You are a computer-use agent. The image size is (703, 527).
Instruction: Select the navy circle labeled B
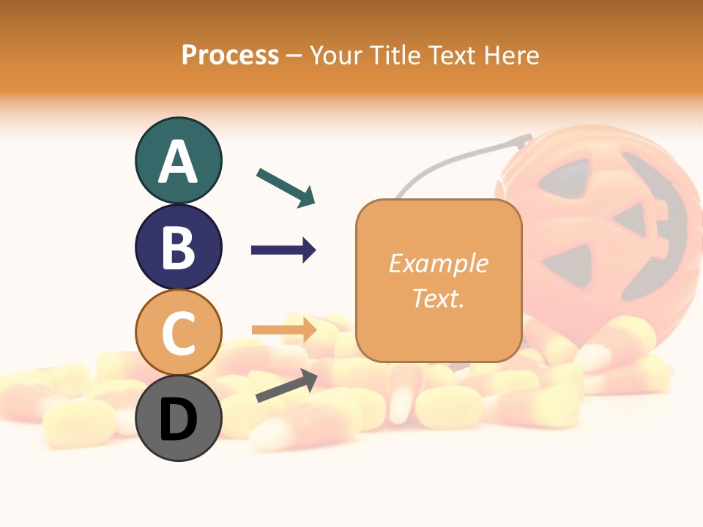click(178, 247)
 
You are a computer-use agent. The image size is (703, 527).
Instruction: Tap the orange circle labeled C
click(178, 332)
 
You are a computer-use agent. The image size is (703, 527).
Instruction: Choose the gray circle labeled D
click(178, 418)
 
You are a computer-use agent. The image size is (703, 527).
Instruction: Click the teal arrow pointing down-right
click(286, 187)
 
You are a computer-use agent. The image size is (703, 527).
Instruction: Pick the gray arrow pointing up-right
click(286, 386)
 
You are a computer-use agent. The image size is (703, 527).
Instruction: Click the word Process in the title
click(230, 55)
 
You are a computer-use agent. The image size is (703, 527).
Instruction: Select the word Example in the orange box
click(438, 263)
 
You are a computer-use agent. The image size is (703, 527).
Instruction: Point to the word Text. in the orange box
click(438, 298)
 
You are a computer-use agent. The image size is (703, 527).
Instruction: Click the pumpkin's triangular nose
click(630, 220)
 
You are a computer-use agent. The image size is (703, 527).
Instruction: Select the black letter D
click(178, 419)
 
